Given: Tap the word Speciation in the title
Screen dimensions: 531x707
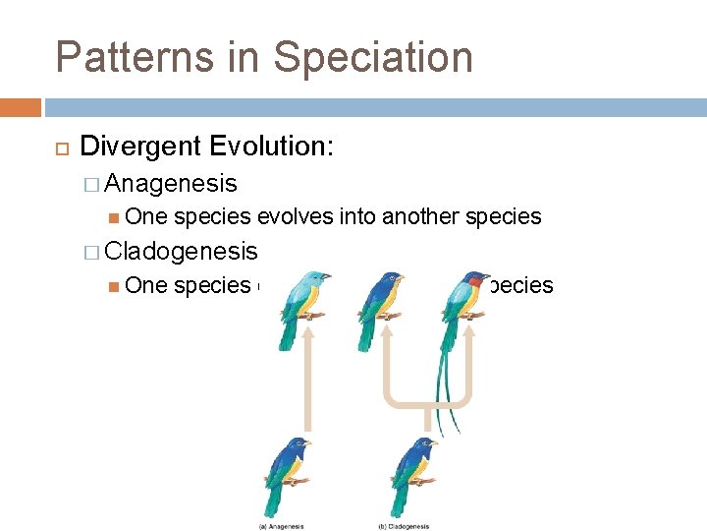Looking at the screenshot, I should point(373,57).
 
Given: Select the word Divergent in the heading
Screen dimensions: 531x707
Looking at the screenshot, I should point(143,147).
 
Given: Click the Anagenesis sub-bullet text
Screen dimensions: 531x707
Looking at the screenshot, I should point(171,183).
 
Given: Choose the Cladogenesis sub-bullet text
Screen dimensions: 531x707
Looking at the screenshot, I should point(181,251).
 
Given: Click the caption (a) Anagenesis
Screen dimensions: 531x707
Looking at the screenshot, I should point(283,526).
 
